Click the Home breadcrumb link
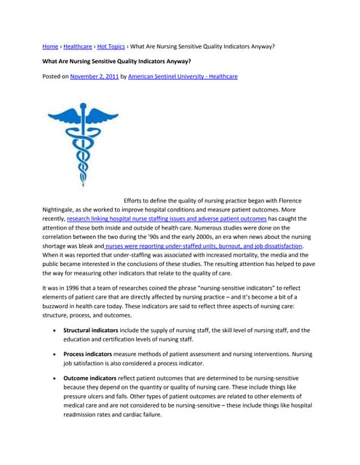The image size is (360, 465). [x=50, y=46]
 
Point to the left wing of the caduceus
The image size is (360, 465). [x=62, y=113]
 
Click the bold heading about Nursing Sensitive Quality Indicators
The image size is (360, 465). [x=117, y=61]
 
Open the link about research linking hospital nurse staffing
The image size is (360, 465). [x=166, y=218]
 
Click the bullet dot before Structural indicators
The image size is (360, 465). [x=57, y=331]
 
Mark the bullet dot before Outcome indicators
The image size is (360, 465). [x=57, y=379]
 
